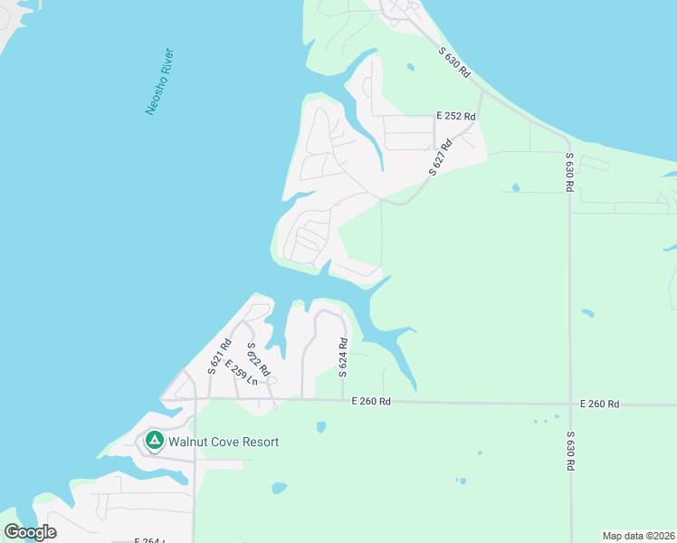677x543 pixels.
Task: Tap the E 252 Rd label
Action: pos(454,116)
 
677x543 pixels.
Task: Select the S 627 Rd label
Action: pos(440,157)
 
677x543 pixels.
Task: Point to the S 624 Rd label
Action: pos(344,357)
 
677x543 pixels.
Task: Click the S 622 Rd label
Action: pos(258,359)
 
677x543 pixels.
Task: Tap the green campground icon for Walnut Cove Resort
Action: pos(154,441)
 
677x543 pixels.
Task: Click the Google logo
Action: pos(30,532)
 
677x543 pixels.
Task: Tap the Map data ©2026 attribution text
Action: pos(638,536)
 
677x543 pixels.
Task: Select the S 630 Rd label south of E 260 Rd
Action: pos(570,451)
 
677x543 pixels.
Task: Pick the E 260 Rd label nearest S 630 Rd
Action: pos(601,404)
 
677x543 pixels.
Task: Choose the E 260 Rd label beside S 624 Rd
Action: pos(371,401)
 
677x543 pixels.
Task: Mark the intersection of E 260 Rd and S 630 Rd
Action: pos(570,404)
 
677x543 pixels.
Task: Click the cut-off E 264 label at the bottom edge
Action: pos(148,540)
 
